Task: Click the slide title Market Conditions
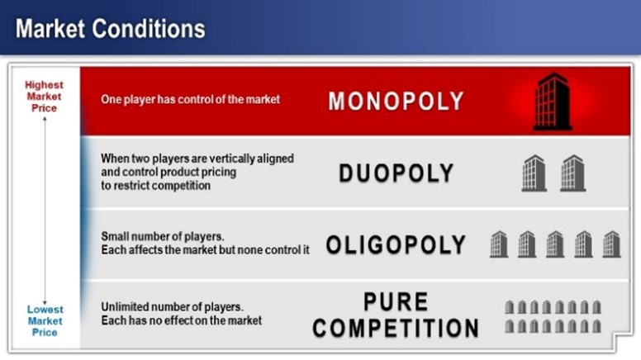(110, 29)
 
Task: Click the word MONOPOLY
(396, 101)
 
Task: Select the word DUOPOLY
(396, 173)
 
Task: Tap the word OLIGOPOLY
(396, 245)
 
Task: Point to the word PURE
(396, 302)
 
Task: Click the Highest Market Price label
(44, 97)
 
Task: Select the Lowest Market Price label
(45, 321)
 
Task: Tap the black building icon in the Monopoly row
(552, 102)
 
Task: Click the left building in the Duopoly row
(534, 173)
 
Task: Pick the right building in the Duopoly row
(572, 173)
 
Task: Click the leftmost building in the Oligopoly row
(498, 244)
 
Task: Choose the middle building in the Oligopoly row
(554, 244)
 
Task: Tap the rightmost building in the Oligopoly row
(611, 244)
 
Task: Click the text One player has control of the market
(190, 99)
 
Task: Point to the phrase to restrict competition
(155, 186)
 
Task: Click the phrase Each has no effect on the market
(181, 320)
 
